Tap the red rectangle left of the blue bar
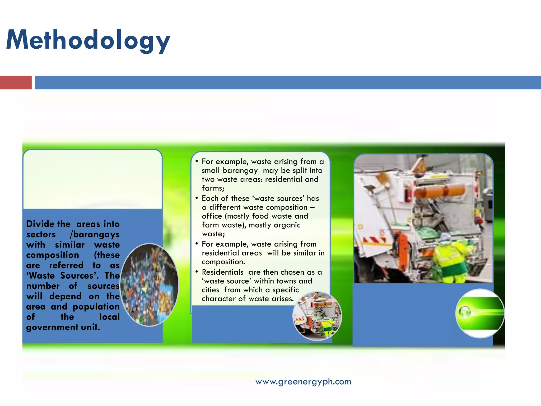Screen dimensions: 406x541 [x=16, y=82]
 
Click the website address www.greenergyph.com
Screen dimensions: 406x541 [x=303, y=381]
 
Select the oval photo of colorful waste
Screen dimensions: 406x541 [x=150, y=285]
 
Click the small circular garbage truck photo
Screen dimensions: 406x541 [x=317, y=316]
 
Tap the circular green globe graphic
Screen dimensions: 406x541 [x=480, y=313]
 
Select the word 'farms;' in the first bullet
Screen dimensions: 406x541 [x=213, y=188]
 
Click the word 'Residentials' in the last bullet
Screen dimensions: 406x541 [x=222, y=272]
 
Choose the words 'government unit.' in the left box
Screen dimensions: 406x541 [x=63, y=327]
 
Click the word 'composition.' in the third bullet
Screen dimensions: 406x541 [x=223, y=262]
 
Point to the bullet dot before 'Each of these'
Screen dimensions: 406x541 [x=197, y=198]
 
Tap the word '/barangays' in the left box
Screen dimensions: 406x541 [x=95, y=234]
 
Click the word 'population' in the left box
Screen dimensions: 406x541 [x=96, y=307]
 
